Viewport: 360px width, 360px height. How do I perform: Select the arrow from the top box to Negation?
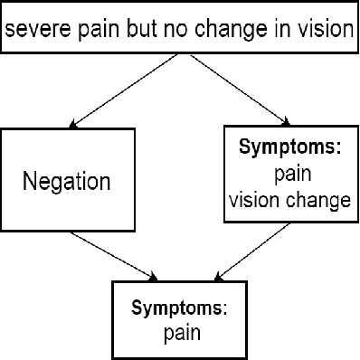click(118, 90)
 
